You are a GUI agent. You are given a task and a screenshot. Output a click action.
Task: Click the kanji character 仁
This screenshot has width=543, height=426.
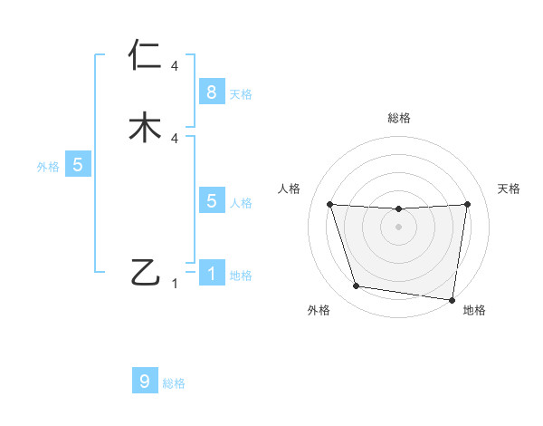[146, 56]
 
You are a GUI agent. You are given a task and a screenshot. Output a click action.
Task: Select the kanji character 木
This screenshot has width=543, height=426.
[146, 127]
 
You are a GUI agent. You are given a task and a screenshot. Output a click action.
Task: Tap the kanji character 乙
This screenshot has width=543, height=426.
[146, 272]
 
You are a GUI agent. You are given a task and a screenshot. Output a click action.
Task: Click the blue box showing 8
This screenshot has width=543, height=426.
[211, 92]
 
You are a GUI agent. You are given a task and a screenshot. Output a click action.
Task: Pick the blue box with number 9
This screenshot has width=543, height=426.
[145, 382]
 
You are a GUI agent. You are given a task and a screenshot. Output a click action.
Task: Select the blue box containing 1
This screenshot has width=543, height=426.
[211, 273]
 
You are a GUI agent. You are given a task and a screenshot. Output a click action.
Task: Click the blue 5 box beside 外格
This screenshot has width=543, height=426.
[78, 165]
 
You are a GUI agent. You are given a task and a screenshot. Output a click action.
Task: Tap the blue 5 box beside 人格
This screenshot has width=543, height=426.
[211, 201]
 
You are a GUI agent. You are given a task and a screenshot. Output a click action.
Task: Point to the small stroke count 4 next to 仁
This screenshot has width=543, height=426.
[174, 66]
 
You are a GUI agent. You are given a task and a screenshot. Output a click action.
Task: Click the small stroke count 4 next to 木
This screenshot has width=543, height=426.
[174, 138]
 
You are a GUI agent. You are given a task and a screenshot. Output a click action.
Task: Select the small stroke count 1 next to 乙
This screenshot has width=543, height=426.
[175, 284]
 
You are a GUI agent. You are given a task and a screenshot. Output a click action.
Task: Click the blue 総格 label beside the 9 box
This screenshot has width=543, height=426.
[174, 383]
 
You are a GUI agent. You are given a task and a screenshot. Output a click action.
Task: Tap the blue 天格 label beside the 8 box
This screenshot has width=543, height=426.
[241, 93]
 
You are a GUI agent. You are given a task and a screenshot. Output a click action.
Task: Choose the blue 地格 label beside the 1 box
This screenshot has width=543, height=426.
[241, 276]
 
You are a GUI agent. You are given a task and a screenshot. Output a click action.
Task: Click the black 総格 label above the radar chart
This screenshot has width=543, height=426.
[399, 118]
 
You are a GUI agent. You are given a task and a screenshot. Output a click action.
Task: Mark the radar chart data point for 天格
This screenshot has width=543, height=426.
[468, 204]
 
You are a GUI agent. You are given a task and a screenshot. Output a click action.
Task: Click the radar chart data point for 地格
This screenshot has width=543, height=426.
[452, 299]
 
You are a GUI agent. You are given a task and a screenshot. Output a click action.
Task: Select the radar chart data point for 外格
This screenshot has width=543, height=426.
[357, 286]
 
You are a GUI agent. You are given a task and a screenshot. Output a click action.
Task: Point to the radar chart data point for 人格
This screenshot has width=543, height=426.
[329, 204]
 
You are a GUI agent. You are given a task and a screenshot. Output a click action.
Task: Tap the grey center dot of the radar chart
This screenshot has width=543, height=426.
[399, 227]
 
